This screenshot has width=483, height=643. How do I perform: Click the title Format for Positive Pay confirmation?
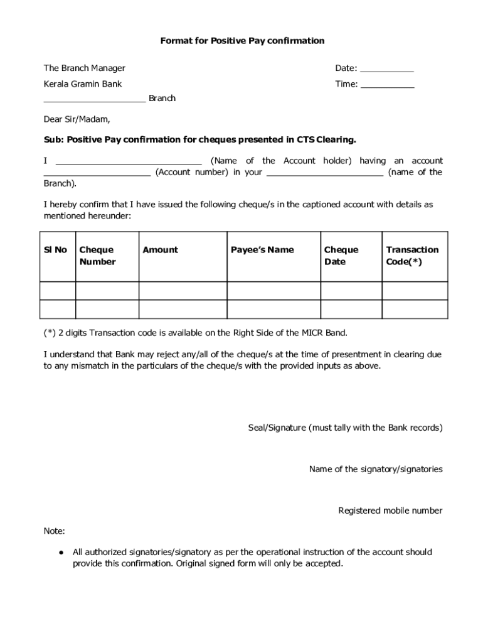[242, 41]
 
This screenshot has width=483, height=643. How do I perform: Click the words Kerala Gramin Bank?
[82, 84]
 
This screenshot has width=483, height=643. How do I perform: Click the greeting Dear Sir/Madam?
[77, 119]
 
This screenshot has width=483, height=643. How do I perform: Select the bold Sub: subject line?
[199, 139]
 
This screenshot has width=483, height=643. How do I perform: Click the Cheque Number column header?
[97, 256]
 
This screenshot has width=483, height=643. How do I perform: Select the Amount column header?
[160, 250]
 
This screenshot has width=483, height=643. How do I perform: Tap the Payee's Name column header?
[262, 250]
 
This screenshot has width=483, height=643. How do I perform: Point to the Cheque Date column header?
[341, 256]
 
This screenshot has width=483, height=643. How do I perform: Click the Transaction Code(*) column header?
[412, 256]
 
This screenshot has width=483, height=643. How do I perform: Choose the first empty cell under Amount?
[182, 291]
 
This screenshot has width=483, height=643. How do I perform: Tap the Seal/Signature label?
[346, 428]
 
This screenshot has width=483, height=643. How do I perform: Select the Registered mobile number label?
[390, 511]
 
